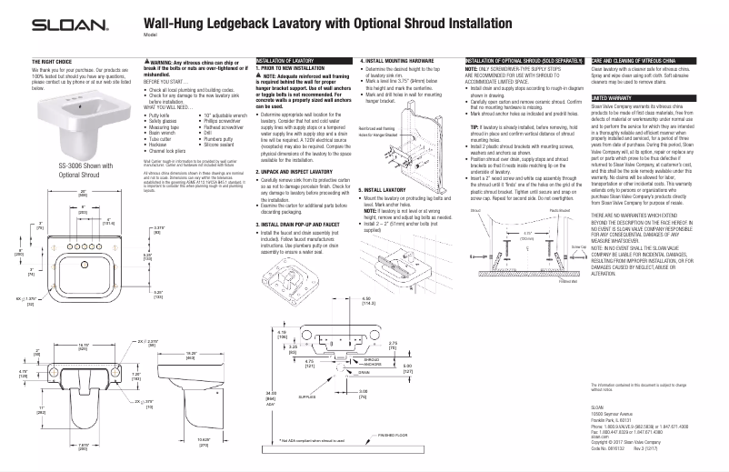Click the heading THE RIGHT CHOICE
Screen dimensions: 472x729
coord(51,61)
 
